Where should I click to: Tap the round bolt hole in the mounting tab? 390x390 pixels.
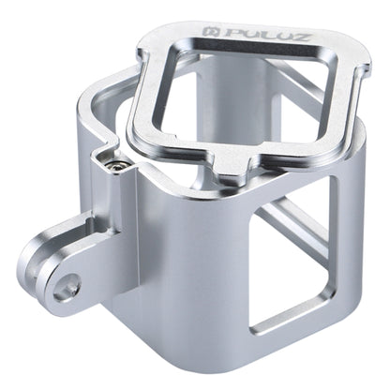point(65,289)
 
